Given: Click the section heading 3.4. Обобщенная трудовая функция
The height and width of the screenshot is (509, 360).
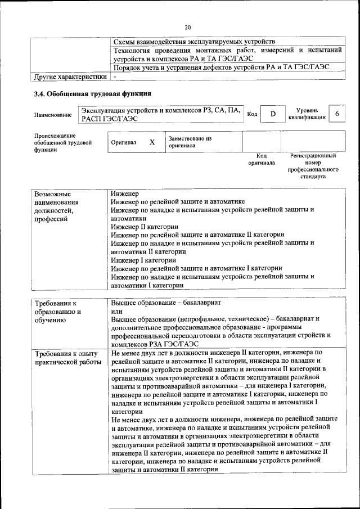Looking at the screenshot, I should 93,94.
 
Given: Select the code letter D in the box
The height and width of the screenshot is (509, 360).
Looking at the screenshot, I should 273,114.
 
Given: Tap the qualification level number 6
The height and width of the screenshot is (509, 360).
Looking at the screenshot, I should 336,114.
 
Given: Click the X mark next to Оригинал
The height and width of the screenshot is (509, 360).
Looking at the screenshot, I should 151,142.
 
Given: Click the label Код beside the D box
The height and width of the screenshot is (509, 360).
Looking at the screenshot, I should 253,114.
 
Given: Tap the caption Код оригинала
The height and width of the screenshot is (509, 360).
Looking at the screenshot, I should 262,159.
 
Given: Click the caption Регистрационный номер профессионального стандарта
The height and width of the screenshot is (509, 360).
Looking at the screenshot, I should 313,166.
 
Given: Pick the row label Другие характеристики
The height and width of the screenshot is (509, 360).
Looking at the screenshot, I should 70,76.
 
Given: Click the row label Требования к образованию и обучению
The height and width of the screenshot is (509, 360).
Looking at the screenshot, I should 58,311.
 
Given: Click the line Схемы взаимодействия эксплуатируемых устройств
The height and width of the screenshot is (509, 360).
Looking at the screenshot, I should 194,42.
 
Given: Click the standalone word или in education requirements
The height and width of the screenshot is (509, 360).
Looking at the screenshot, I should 117,310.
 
